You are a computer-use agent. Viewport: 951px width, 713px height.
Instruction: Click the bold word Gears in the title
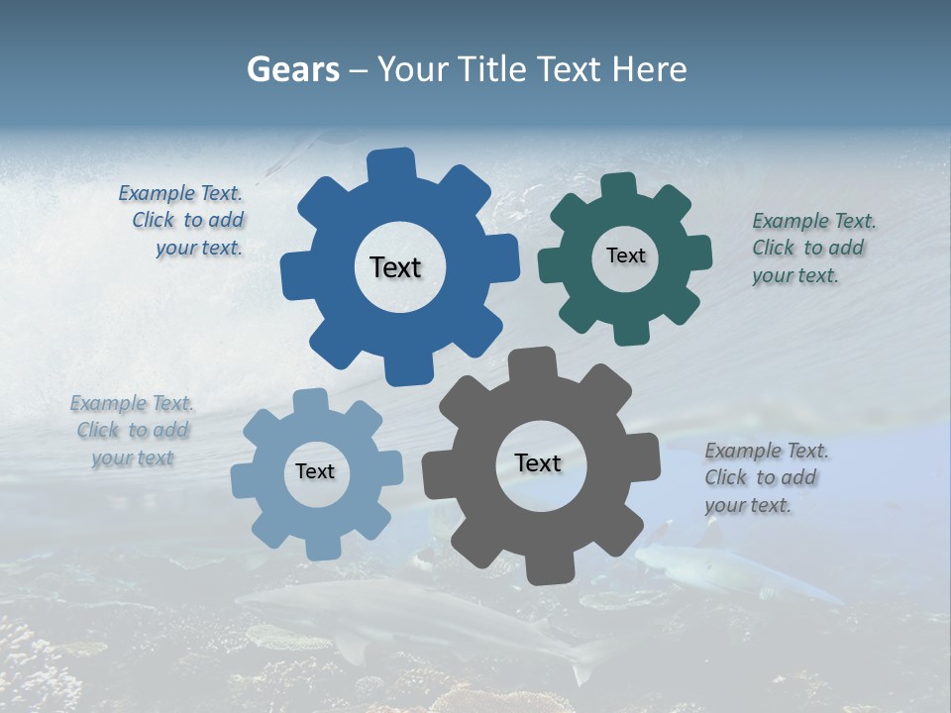pyautogui.click(x=292, y=69)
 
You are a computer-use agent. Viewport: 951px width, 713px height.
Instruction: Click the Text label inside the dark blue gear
pyautogui.click(x=395, y=267)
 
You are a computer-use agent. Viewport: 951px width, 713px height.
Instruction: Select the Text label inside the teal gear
pyautogui.click(x=625, y=255)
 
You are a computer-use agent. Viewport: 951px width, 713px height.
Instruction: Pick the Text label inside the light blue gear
pyautogui.click(x=315, y=472)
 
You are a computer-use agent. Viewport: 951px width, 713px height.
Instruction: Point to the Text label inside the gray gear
pyautogui.click(x=538, y=463)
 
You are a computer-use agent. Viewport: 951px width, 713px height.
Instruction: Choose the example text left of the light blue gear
pyautogui.click(x=132, y=431)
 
